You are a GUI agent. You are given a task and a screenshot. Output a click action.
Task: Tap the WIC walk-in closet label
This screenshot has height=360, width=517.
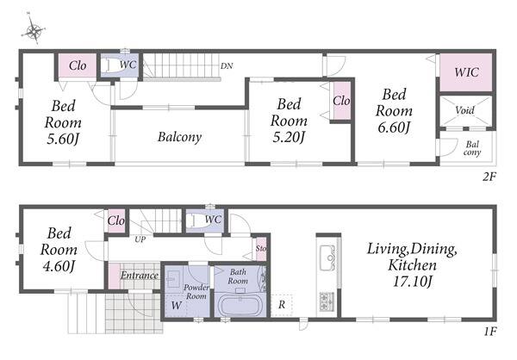point(466,72)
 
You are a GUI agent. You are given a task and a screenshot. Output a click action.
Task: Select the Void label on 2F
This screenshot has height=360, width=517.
point(465,110)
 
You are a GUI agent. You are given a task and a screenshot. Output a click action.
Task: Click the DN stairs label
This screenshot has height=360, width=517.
point(227,66)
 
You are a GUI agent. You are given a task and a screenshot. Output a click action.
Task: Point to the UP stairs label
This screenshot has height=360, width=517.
point(140,239)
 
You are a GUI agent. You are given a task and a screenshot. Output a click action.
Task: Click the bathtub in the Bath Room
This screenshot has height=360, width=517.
point(240,306)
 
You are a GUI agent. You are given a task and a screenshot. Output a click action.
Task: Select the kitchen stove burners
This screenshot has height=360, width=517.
point(327,301)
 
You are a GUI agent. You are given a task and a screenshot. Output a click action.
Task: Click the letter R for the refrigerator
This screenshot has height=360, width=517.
point(282,305)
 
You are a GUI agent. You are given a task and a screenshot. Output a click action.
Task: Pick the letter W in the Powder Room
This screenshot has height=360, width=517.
point(176,305)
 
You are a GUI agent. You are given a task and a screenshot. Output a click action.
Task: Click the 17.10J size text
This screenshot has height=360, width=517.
point(412,282)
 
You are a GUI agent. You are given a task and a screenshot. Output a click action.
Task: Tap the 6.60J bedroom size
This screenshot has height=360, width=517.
point(394,127)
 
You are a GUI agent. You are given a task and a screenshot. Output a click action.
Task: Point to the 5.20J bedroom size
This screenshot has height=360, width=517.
point(289,137)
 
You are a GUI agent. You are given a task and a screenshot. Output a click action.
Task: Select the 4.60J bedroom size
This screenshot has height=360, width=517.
point(59,266)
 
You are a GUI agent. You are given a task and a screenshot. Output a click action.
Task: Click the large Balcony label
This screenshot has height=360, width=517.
point(180,137)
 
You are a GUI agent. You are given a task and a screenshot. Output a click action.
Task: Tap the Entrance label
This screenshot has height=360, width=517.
point(140,276)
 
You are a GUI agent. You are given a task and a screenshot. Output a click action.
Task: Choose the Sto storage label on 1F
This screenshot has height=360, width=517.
point(261,248)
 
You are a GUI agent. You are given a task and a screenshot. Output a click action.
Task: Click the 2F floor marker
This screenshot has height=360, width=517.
point(489,177)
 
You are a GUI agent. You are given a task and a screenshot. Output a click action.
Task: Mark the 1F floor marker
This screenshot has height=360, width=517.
point(490,331)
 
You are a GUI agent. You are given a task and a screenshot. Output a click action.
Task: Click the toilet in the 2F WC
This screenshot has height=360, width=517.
point(111,65)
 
